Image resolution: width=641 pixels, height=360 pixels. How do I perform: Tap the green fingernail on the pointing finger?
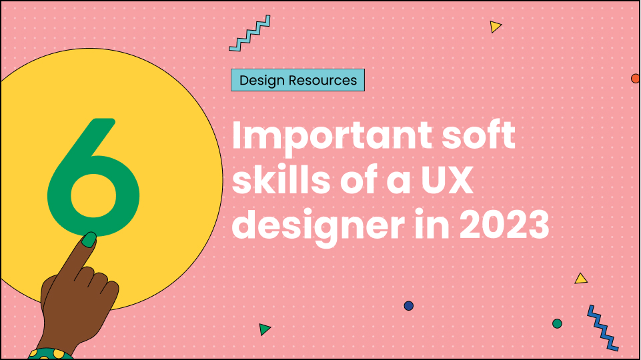(88, 239)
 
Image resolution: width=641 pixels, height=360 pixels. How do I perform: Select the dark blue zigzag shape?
(602, 327)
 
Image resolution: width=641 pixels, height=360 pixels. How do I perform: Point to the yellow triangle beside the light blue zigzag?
(495, 27)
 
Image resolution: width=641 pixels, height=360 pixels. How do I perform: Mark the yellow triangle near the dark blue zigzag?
(581, 279)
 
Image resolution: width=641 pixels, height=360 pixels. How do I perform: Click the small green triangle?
(265, 329)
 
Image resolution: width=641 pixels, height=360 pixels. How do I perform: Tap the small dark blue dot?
(409, 306)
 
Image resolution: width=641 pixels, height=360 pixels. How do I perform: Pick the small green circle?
(557, 323)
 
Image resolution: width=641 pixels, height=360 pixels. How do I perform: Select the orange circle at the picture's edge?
(636, 79)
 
